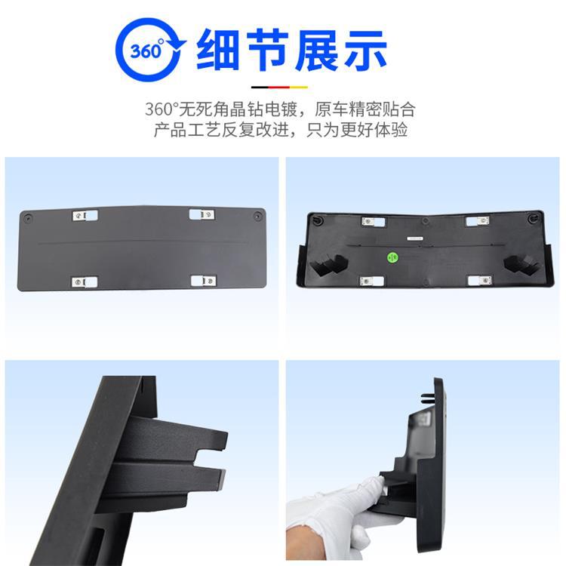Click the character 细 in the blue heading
[x=217, y=50]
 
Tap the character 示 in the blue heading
[x=366, y=50]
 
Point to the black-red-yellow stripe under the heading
[x=279, y=87]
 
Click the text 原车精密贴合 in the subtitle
[x=365, y=109]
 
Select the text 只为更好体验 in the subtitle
[x=357, y=130]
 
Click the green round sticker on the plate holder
[x=392, y=257]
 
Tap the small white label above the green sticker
[x=415, y=238]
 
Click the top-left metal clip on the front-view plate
[x=85, y=216]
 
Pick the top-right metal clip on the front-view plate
[x=201, y=214]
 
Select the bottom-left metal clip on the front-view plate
[x=84, y=282]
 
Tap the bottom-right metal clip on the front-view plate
[x=203, y=281]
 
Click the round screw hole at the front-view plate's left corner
[x=28, y=218]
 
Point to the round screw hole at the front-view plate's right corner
[x=257, y=217]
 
